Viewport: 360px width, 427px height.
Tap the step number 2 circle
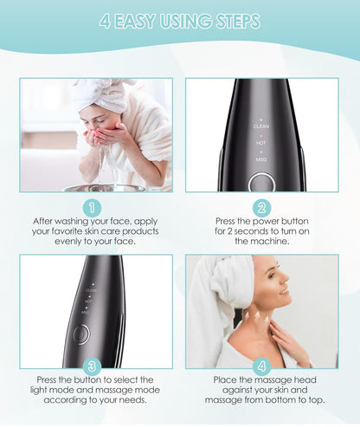click(261, 208)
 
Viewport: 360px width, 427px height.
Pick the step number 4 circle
click(261, 366)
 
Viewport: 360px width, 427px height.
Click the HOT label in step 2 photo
click(261, 142)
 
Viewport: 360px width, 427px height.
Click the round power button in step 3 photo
click(80, 333)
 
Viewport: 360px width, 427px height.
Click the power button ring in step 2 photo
click(261, 184)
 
